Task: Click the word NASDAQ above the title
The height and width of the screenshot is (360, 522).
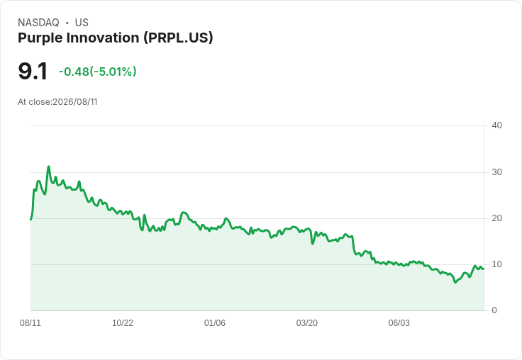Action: click(38, 23)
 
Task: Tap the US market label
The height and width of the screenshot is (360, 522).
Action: click(82, 23)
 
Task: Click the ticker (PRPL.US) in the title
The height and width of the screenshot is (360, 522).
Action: click(179, 38)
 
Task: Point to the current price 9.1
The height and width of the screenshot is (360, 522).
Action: click(33, 72)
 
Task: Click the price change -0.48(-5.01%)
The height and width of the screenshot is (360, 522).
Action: click(98, 72)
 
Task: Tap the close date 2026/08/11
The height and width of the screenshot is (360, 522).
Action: click(75, 102)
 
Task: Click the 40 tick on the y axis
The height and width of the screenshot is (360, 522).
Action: click(496, 125)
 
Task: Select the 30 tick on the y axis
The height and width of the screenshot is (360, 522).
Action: click(496, 172)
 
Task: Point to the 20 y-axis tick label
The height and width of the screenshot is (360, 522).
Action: click(496, 218)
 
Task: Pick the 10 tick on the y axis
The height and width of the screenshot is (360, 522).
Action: click(496, 264)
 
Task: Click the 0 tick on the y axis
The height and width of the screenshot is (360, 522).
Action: click(494, 310)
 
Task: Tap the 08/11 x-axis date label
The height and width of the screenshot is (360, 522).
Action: click(30, 323)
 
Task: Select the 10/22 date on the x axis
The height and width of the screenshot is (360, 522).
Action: click(123, 323)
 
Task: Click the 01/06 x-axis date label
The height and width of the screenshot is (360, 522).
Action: click(215, 323)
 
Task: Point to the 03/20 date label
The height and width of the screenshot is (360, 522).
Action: click(307, 323)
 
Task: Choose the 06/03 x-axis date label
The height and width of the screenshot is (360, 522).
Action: click(399, 323)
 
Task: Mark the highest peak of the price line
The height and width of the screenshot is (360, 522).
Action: click(49, 167)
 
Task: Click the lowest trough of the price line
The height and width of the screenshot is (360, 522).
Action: click(455, 283)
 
